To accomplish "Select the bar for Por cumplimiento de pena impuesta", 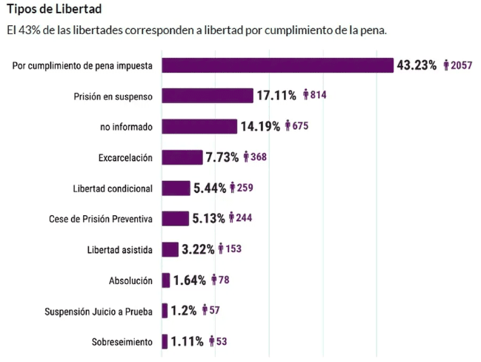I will coord(277,65).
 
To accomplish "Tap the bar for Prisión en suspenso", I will coord(208,96).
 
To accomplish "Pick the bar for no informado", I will coord(199,126).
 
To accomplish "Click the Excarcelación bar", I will coord(182,157).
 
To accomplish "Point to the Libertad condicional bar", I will coord(176,188).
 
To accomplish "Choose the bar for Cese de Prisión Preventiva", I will coord(175,218).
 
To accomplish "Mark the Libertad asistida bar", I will coord(170,249).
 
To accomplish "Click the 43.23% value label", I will coord(417,65).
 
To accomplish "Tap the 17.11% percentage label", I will coord(276,96).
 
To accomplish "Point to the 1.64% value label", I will coord(190,280).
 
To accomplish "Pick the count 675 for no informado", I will coord(300,126).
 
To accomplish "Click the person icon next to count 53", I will coord(213,341).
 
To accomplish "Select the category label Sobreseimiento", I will coord(122,341).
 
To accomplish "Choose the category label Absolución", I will coord(130,280).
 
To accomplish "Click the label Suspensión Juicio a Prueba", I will coord(99,311).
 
